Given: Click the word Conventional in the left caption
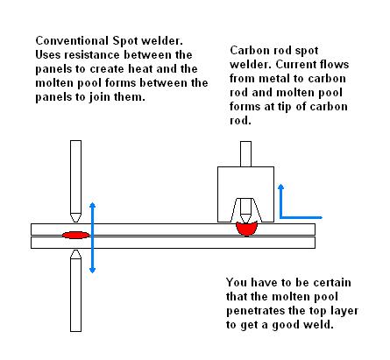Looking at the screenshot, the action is (72, 40).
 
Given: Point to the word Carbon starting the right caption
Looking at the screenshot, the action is (248, 50).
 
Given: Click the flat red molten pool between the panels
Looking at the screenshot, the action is (75, 235).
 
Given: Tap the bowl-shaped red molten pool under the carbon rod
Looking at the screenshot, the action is (247, 229).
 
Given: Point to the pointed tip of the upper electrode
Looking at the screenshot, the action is (75, 221).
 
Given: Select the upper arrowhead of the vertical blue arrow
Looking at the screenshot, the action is (93, 205).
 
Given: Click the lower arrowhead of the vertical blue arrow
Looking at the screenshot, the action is (93, 271).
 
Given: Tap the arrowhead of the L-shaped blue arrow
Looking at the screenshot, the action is (280, 187).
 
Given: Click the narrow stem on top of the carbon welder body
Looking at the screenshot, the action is (245, 154).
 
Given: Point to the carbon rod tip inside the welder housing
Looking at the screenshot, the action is (245, 218).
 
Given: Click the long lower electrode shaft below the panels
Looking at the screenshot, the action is (75, 295).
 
